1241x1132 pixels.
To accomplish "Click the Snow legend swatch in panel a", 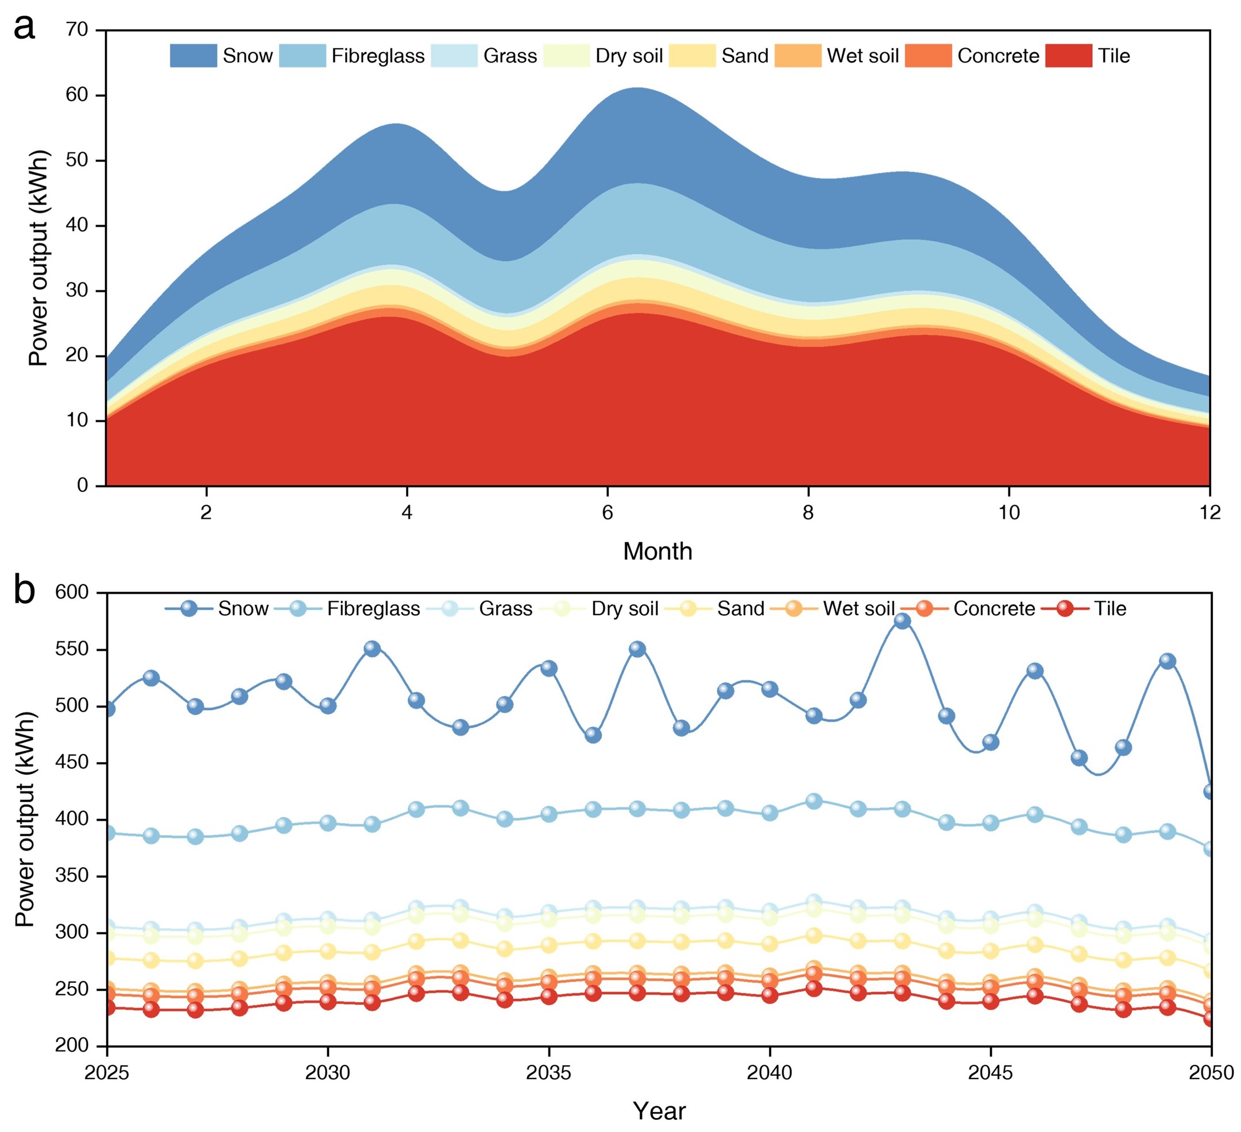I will pos(194,55).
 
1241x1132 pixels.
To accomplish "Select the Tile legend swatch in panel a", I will pos(1068,55).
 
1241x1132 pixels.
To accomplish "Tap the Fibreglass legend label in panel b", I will pos(373,609).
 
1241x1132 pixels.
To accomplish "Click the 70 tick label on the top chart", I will pos(77,29).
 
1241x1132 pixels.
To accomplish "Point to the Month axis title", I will pos(658,551).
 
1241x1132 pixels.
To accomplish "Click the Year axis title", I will pos(659,1111).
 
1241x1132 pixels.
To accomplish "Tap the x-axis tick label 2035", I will pos(548,1073).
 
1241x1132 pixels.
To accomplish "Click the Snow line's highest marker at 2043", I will pos(902,621).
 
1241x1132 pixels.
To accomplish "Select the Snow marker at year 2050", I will pos(1210,791).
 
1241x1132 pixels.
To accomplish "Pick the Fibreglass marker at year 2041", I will pos(814,801).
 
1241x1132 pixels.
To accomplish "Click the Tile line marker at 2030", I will pos(328,1002).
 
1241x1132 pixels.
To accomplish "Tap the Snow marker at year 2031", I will pos(372,649).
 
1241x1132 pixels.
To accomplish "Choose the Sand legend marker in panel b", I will pos(687,609).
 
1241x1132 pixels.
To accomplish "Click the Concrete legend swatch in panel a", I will pos(928,55).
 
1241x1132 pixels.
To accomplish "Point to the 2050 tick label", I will pos(1210,1073).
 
